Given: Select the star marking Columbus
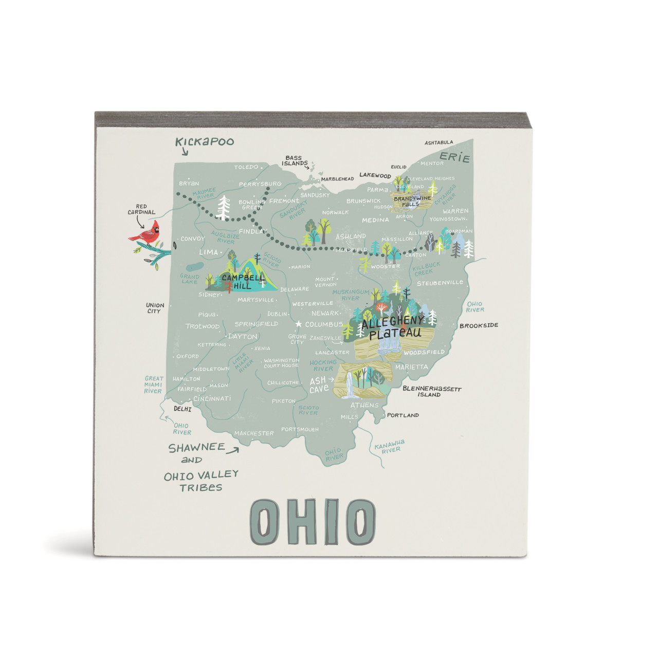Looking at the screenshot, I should (298, 324).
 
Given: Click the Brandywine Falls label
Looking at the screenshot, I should (412, 201).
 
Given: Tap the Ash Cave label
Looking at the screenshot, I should (319, 384).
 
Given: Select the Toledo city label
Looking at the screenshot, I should (246, 167).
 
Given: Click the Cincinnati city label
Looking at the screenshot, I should (212, 398).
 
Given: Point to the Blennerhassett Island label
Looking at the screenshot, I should (431, 392).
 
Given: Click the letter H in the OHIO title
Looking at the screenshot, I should (304, 522).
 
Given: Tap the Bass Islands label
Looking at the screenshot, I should (294, 161).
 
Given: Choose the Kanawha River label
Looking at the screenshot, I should (390, 446).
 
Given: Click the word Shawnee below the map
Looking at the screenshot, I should (197, 448).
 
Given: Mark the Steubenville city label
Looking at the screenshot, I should (440, 283).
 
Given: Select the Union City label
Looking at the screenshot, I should (155, 308).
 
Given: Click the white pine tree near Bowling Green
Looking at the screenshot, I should (224, 207).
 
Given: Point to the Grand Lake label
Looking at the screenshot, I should (189, 279).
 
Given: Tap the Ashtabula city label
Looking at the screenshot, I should (438, 142).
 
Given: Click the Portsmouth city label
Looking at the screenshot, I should (300, 429).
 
